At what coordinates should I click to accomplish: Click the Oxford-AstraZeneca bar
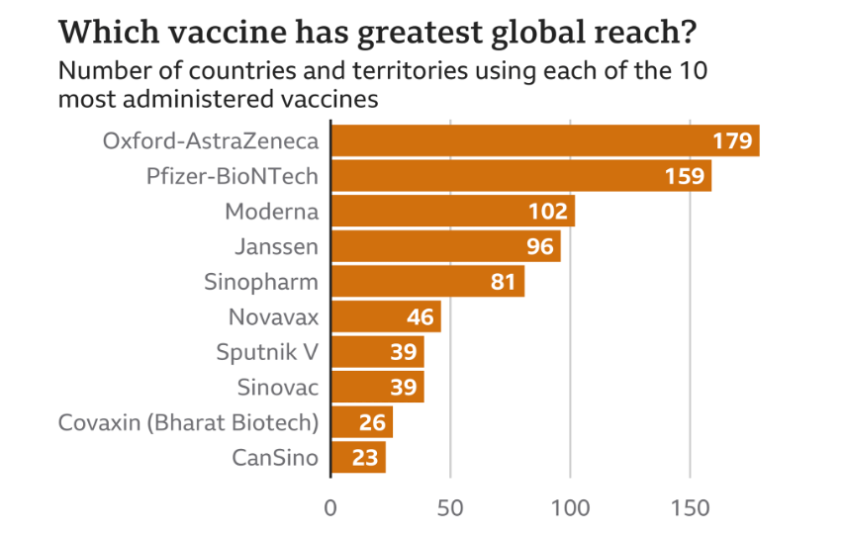(544, 140)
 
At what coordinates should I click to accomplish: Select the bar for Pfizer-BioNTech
(520, 176)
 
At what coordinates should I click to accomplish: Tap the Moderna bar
(452, 211)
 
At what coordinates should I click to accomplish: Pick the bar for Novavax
(385, 317)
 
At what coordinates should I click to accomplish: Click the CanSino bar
(357, 458)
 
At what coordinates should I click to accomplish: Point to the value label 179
(733, 140)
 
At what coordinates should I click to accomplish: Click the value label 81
(504, 282)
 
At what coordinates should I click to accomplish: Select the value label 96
(539, 246)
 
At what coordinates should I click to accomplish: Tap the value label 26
(372, 423)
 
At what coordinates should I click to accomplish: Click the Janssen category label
(276, 246)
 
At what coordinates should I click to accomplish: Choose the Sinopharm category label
(261, 282)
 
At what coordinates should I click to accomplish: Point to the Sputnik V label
(267, 352)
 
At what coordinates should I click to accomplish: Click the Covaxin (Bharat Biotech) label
(188, 423)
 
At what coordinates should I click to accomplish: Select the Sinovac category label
(278, 388)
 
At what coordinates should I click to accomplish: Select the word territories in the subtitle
(398, 72)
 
